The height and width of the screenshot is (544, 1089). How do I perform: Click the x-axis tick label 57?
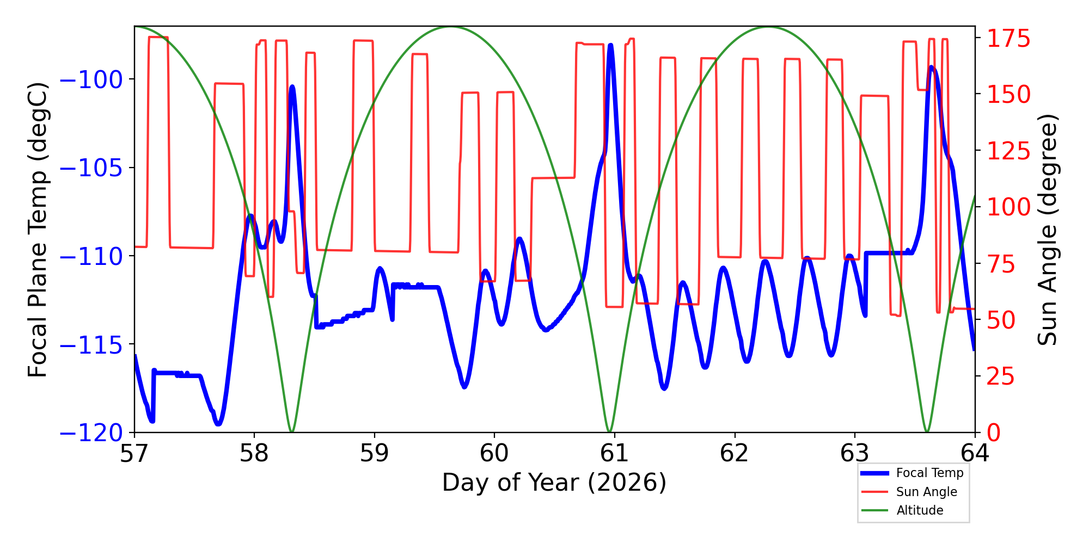click(134, 453)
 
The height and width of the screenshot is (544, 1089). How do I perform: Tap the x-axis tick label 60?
click(494, 453)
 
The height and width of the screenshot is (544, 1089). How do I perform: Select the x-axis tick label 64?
click(975, 453)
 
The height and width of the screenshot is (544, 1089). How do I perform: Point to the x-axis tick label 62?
click(735, 453)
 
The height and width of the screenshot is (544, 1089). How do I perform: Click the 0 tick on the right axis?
click(994, 433)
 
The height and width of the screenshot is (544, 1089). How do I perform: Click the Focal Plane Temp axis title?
click(38, 230)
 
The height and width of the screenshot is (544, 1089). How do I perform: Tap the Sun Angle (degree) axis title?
click(1047, 230)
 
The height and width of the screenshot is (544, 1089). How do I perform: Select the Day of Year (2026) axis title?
click(554, 483)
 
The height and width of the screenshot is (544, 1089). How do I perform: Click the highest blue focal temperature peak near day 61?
click(610, 46)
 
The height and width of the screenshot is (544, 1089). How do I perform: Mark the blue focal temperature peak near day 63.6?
click(932, 67)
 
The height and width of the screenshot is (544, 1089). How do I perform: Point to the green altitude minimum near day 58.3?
click(292, 431)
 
